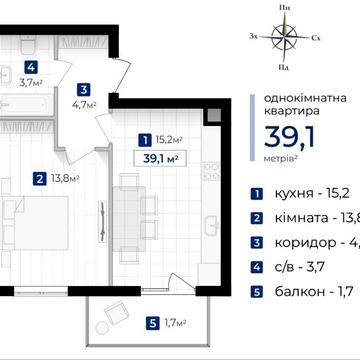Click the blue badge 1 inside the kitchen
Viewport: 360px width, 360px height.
[146, 139]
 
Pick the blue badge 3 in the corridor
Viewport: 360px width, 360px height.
[86, 87]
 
